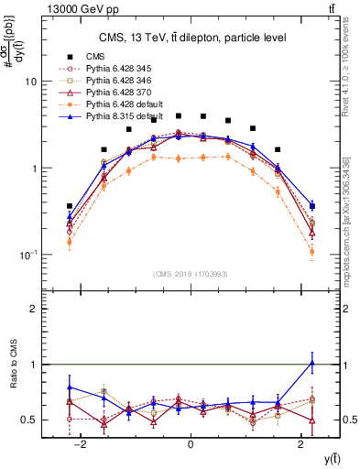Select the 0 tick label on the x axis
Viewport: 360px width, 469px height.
tap(191, 444)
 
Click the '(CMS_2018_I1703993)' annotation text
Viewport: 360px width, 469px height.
tap(191, 274)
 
